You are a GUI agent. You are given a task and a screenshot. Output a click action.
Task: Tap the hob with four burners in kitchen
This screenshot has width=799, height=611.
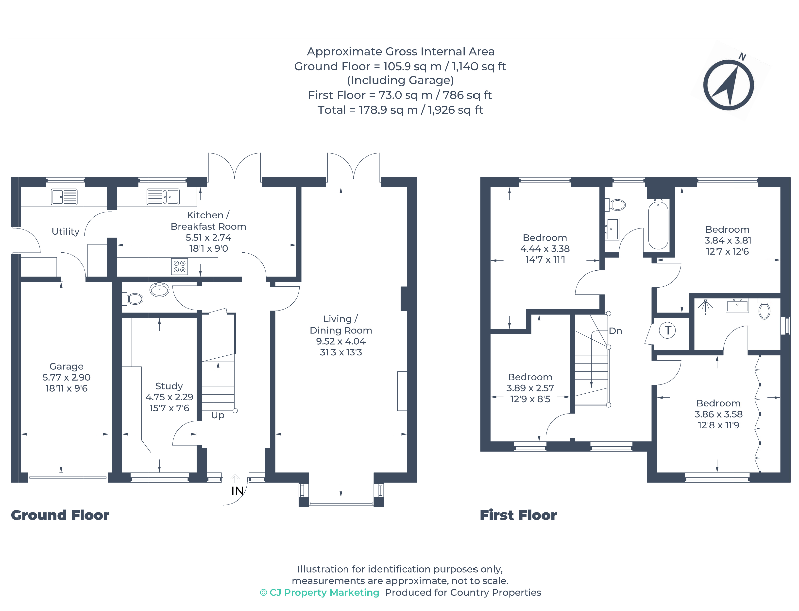coord(179,266)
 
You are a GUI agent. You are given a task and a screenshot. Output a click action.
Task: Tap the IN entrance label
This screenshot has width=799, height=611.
coord(237,491)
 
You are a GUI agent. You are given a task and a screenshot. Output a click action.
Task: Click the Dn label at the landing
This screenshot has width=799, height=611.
coord(615,331)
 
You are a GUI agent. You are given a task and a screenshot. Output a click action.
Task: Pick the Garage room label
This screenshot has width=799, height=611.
coord(66,366)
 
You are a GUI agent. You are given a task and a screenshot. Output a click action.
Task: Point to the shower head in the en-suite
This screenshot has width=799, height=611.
coord(705,306)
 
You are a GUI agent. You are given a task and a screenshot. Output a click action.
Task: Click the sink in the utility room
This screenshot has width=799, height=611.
coord(64,197)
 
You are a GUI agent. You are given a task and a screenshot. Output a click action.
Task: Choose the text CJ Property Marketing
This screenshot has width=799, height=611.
coord(324,593)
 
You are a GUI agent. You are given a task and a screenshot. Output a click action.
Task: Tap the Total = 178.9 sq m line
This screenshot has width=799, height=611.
coord(400,110)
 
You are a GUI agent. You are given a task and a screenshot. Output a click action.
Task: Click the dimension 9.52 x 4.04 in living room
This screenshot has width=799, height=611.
coord(340,341)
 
